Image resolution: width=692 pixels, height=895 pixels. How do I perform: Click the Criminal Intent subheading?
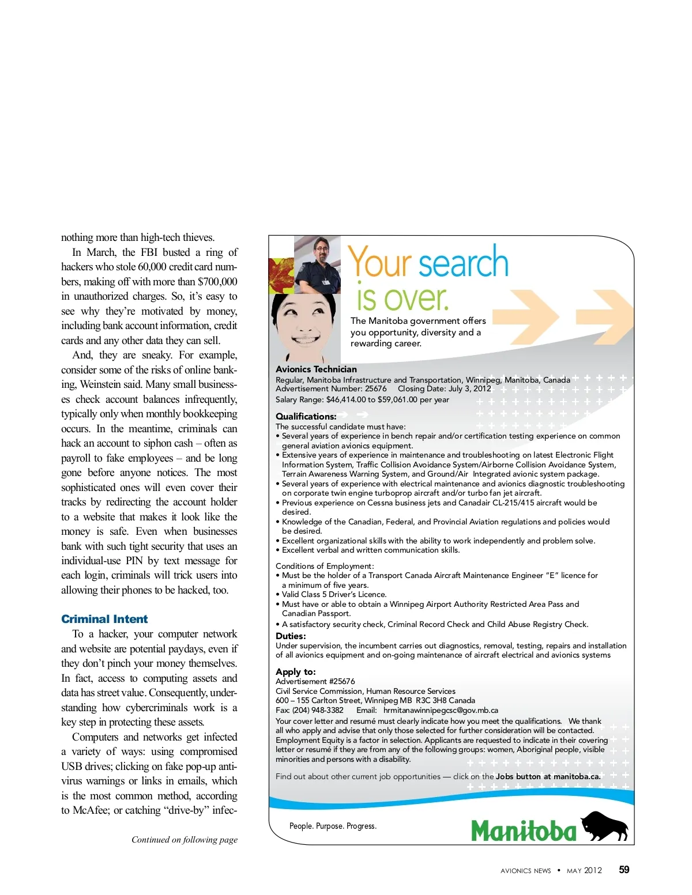pos(104,619)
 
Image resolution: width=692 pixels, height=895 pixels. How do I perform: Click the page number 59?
pos(624,870)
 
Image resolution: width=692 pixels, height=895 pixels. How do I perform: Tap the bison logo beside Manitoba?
pos(604,826)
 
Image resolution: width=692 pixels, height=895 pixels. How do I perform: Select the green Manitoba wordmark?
pos(524,831)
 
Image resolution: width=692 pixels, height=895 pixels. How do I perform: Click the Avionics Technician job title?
pos(316,369)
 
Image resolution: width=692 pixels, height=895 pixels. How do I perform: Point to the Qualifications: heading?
pos(306,416)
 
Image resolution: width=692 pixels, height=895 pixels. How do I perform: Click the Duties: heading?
pos(291,636)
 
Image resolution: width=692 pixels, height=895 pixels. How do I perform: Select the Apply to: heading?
pos(296,671)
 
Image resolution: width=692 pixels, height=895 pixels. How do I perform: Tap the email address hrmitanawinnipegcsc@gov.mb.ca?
pos(441,710)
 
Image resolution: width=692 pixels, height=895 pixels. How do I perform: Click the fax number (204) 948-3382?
pos(318,710)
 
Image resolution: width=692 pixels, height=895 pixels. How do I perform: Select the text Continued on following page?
pos(185,840)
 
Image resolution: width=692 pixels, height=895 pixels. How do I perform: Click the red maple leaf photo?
pos(281,275)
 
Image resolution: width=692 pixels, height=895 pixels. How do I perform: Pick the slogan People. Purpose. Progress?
pos(333,826)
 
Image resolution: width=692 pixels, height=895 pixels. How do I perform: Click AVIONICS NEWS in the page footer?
pos(525,871)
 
